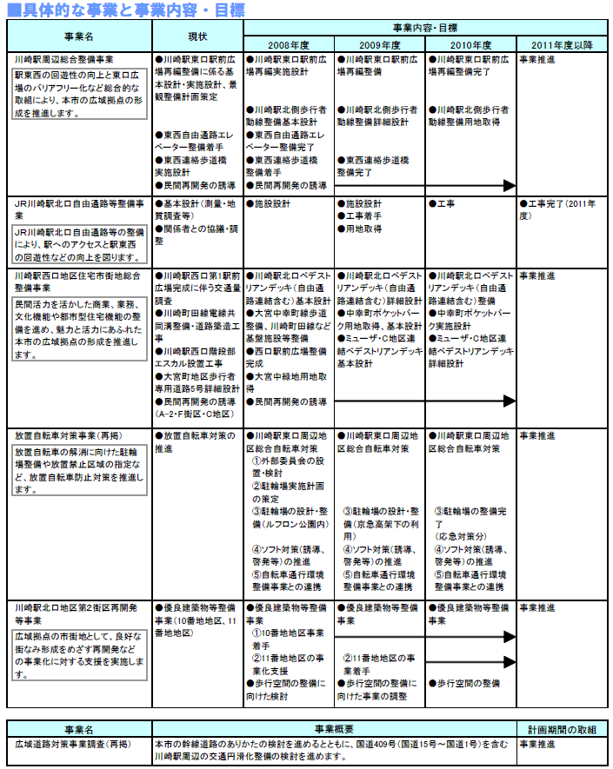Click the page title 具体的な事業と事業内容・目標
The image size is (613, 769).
tap(125, 10)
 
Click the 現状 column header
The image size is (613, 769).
tap(197, 36)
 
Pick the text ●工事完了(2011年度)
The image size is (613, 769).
tap(558, 209)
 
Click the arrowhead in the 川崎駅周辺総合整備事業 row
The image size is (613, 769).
tap(510, 186)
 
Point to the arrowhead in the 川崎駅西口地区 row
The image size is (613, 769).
tap(510, 401)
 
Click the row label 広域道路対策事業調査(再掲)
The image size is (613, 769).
tap(71, 744)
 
